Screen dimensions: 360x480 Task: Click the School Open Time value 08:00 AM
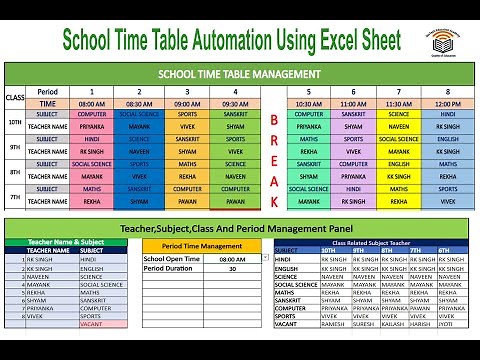click(x=229, y=258)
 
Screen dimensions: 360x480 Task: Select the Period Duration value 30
click(x=232, y=269)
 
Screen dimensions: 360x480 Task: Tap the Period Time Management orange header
click(x=199, y=246)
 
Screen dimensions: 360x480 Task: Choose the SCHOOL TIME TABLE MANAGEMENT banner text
click(x=239, y=73)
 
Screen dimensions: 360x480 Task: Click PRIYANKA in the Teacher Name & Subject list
click(x=39, y=306)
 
